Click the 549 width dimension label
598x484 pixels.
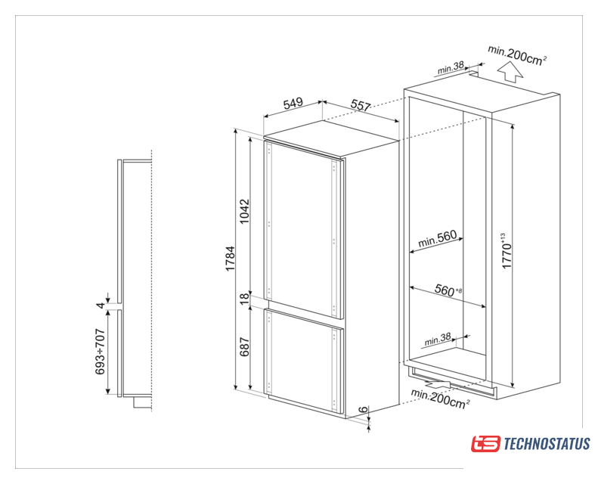point(293,103)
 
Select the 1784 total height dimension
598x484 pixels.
point(231,259)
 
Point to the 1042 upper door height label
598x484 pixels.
point(244,211)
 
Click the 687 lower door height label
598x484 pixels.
point(244,346)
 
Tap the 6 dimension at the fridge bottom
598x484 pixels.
point(364,409)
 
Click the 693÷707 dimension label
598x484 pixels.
point(100,351)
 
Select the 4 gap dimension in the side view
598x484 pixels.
point(100,305)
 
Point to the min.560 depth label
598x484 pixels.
point(437,239)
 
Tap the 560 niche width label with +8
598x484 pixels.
point(448,290)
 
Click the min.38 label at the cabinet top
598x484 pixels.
point(451,68)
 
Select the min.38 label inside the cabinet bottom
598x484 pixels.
point(438,339)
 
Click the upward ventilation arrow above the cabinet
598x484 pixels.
point(510,73)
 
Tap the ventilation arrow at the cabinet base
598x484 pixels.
point(437,383)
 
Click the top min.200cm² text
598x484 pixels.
point(518,56)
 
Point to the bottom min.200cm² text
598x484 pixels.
point(440,399)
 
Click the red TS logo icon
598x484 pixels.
point(485,444)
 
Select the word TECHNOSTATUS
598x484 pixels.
point(547,444)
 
